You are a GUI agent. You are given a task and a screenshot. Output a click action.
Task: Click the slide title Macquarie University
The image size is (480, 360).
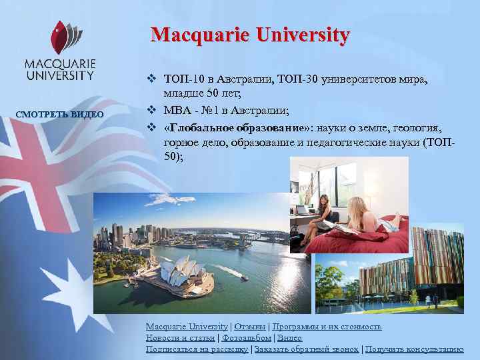pyautogui.click(x=250, y=35)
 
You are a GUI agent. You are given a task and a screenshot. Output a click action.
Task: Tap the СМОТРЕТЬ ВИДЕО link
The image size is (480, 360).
pyautogui.click(x=60, y=114)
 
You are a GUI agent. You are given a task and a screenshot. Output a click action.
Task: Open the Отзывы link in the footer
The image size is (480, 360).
pyautogui.click(x=249, y=327)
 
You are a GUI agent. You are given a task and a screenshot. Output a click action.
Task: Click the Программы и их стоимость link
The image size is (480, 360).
pyautogui.click(x=325, y=327)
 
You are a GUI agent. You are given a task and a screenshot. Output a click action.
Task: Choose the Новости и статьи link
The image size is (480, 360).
pyautogui.click(x=179, y=338)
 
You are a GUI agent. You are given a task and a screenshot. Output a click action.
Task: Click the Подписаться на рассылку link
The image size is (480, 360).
pyautogui.click(x=197, y=349)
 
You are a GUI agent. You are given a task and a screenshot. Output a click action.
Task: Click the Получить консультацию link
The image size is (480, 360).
pyautogui.click(x=414, y=349)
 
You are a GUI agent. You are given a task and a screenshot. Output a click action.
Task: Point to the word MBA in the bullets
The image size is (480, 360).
pyautogui.click(x=176, y=109)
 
